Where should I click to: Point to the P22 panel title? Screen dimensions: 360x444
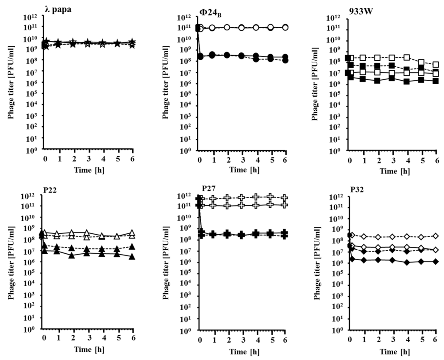pos(51,189)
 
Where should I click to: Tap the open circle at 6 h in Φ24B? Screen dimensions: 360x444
pos(285,27)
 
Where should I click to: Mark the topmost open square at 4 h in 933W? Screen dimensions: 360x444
pos(407,58)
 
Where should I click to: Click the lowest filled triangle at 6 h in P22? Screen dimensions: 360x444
pos(132,257)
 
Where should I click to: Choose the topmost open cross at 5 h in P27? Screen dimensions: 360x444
pos(271,196)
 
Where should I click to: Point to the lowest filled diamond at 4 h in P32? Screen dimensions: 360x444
pos(407,262)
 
